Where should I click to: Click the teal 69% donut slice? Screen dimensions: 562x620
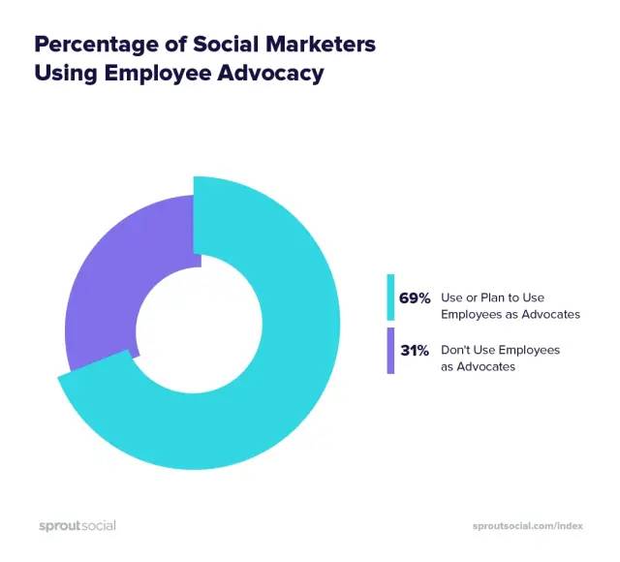click(x=291, y=388)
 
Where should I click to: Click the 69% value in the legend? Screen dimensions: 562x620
click(x=415, y=298)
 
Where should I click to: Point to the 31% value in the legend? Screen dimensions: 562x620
click(x=415, y=351)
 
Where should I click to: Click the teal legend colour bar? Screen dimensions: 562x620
click(x=390, y=298)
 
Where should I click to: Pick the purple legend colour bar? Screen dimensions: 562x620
click(x=390, y=351)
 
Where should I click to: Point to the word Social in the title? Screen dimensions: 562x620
click(x=216, y=45)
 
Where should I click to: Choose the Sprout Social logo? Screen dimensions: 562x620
click(x=77, y=526)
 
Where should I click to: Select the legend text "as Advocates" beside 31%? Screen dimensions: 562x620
click(x=475, y=367)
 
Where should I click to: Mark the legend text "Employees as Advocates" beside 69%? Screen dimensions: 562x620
click(x=511, y=315)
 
